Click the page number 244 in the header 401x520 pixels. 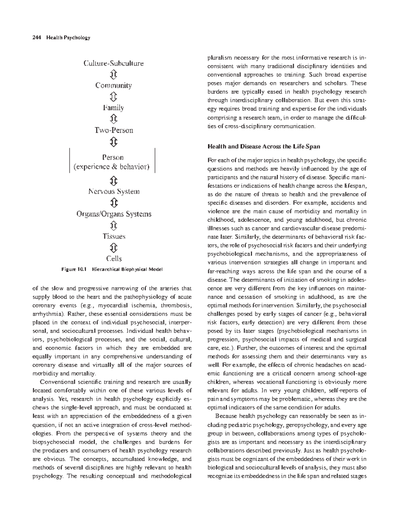pos(36,38)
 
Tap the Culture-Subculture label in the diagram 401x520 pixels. pos(113,63)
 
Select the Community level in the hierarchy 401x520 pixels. pos(113,85)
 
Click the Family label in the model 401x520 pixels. pos(113,108)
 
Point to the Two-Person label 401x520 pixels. pos(113,130)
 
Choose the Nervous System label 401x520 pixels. pos(114,192)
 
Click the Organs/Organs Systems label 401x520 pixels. pos(114,214)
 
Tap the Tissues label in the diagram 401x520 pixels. pos(114,236)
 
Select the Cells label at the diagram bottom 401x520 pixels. pos(114,258)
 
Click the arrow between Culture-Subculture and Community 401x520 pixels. pos(113,74)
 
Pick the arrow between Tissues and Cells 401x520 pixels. pos(114,247)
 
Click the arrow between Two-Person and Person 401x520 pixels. pos(113,142)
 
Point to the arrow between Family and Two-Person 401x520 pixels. pos(113,119)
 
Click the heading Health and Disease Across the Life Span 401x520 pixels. pos(264,147)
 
